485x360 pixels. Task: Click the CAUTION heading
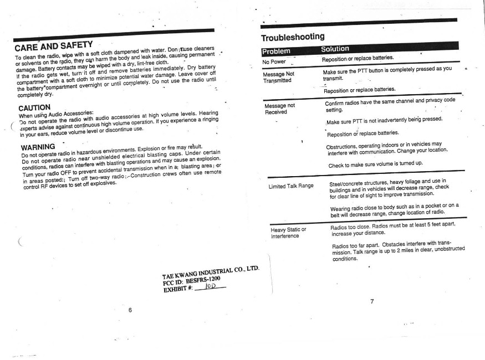coord(35,106)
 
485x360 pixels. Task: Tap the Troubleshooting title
coord(293,37)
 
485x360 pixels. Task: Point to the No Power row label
coord(274,61)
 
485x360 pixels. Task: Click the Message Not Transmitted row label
coord(278,77)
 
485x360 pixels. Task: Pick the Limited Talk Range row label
coord(291,186)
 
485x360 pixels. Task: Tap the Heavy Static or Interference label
coord(288,233)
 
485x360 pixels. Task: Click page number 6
coord(130,309)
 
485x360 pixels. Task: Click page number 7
coord(372,301)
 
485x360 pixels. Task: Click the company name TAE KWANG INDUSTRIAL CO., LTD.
coord(211,272)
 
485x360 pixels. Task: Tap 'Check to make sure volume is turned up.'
coord(376,164)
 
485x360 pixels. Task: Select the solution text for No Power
coord(358,58)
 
